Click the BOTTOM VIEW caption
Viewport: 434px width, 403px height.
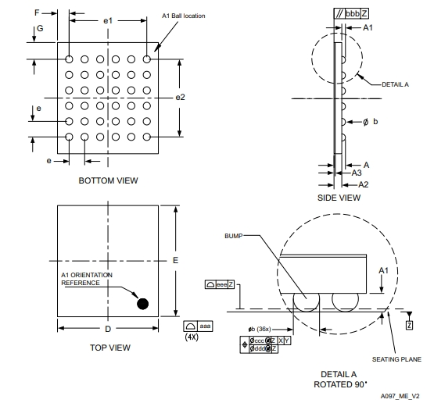click(x=108, y=180)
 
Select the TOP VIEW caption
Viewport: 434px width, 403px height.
click(x=110, y=348)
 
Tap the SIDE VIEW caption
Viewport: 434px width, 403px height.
click(x=339, y=198)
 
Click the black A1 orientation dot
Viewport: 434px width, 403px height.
click(x=143, y=304)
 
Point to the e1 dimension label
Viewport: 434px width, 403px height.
click(x=108, y=21)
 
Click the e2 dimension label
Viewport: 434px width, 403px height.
click(x=180, y=97)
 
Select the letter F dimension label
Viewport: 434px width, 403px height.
click(x=37, y=12)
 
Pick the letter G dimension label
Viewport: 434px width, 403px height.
click(x=40, y=28)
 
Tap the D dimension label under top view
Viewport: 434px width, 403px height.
click(x=108, y=329)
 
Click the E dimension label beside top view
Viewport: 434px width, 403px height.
click(x=175, y=260)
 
